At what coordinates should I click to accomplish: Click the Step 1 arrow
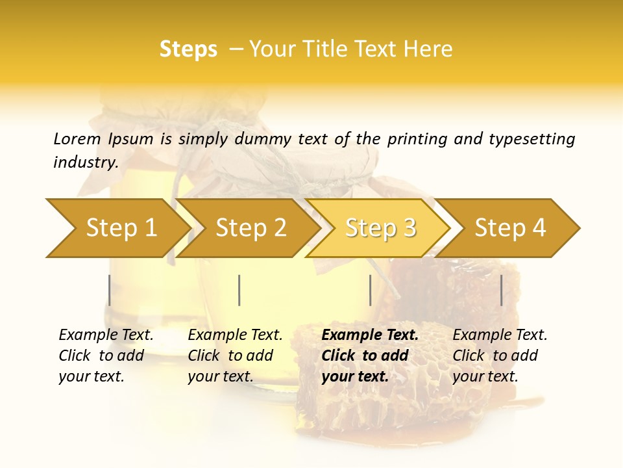pos(121,228)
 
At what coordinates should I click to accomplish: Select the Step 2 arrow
pos(250,228)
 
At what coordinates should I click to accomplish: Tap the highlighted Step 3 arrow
pos(380,228)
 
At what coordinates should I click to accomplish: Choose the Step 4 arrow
pos(510,228)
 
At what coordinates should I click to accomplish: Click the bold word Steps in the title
pos(188,49)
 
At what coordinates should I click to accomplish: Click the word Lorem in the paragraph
pos(77,138)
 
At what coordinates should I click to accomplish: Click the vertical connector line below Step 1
pos(110,290)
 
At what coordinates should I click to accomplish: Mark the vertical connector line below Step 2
pos(239,290)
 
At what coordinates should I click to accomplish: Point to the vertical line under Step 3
pos(370,290)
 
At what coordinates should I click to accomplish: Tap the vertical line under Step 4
pos(501,290)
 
